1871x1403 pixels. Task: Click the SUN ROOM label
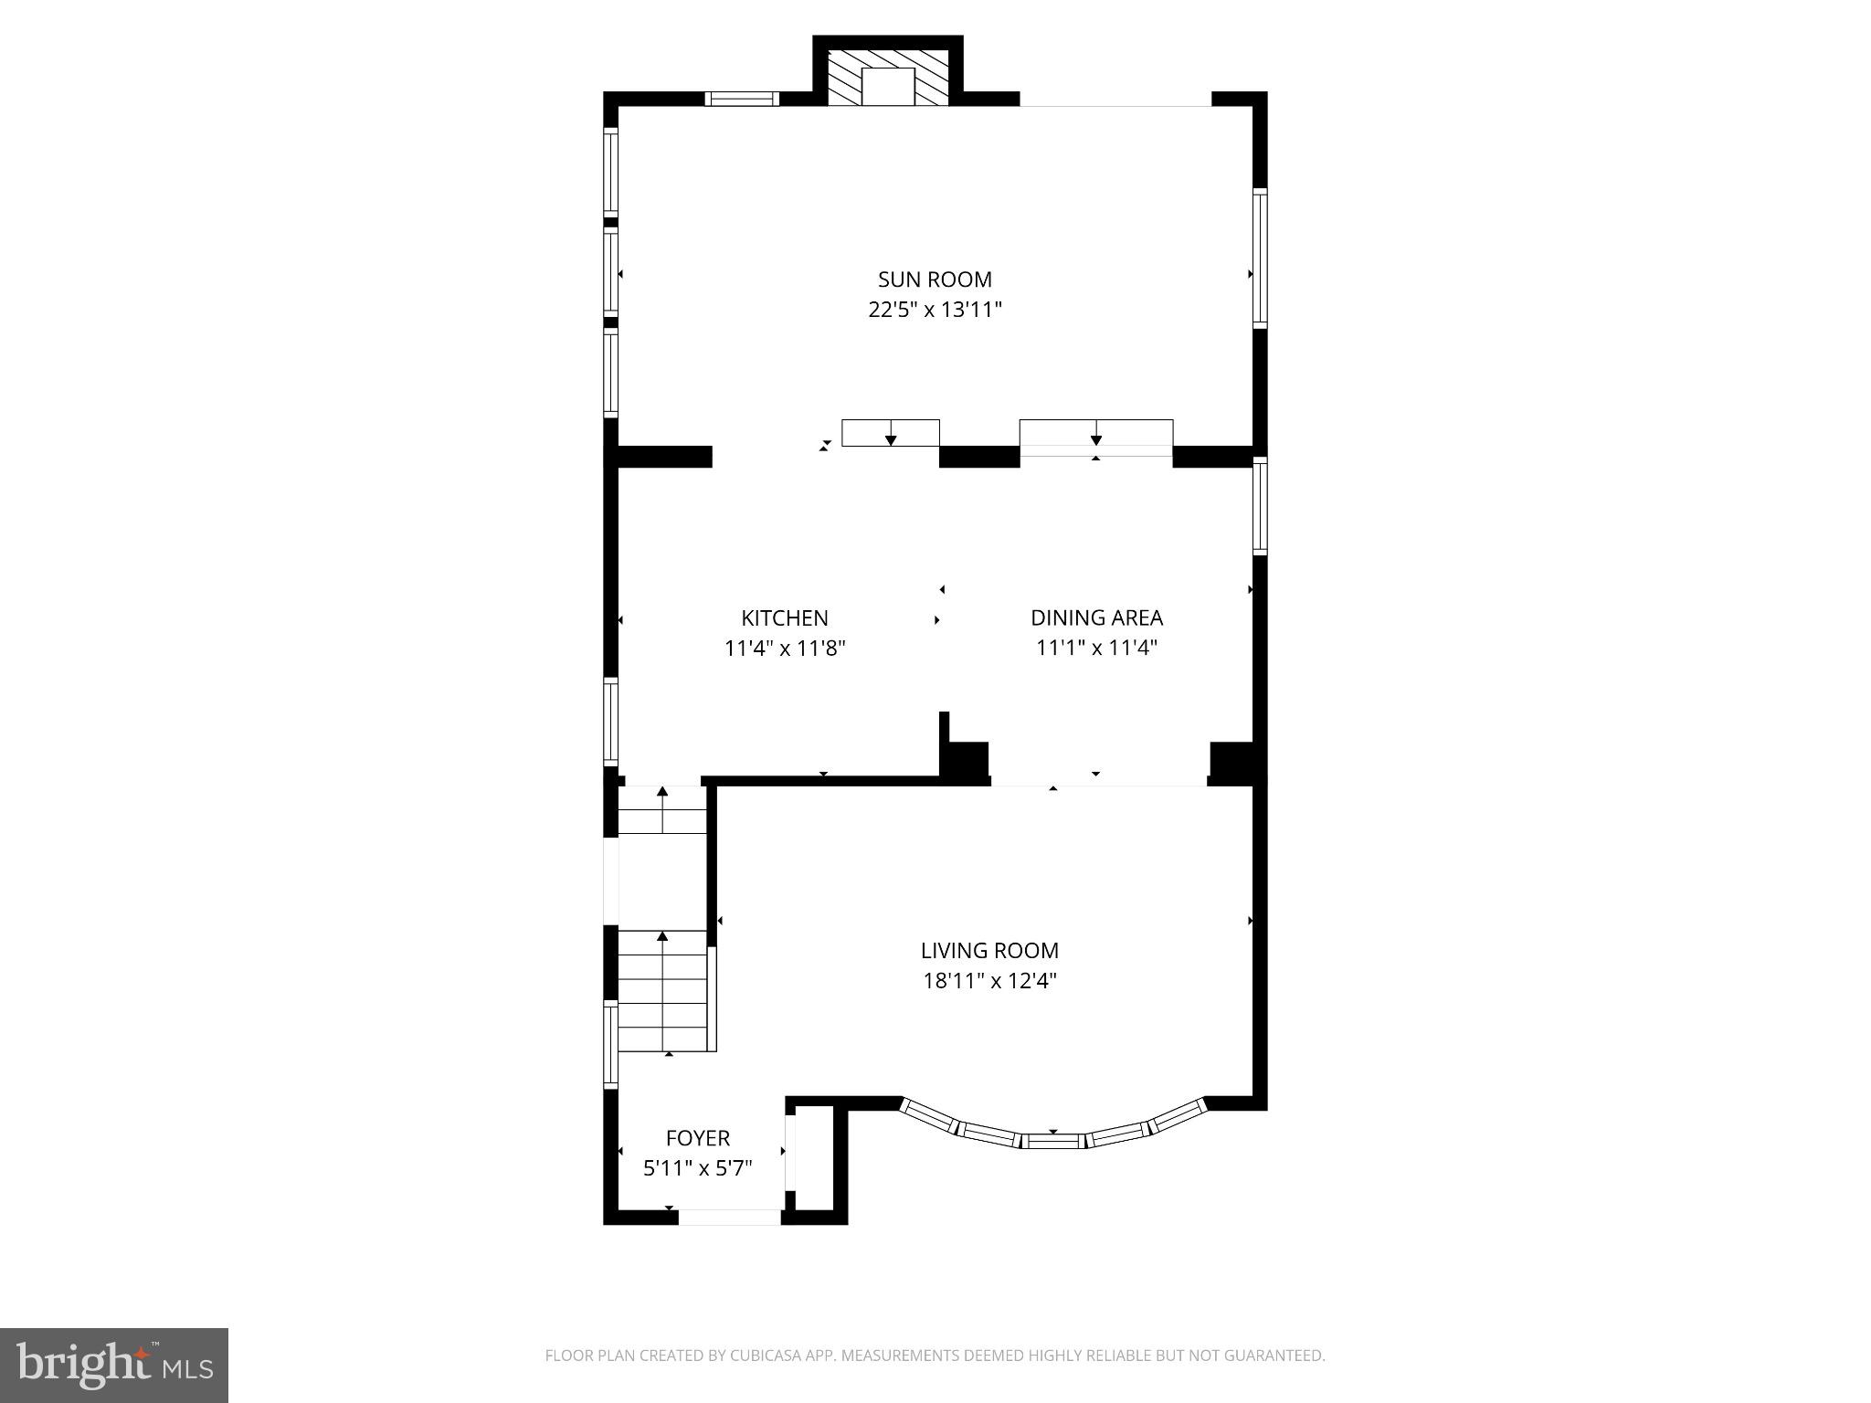(x=935, y=280)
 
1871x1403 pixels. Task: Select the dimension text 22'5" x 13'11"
(x=935, y=310)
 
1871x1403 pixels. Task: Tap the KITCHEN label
(x=784, y=617)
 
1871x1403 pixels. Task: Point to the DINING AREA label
(x=1096, y=617)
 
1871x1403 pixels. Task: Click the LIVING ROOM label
(x=989, y=950)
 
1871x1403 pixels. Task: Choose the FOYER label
(x=697, y=1138)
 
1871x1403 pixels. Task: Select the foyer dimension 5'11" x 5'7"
(x=697, y=1168)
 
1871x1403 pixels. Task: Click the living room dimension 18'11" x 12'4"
(x=989, y=981)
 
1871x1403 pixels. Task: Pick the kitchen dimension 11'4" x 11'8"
(x=784, y=649)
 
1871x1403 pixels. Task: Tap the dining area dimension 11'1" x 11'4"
(x=1096, y=649)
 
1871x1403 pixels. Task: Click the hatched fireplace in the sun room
(x=888, y=76)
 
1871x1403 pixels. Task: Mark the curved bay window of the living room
(x=1052, y=1134)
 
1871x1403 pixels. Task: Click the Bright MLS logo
(x=113, y=1365)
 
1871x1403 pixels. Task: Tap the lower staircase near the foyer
(x=663, y=991)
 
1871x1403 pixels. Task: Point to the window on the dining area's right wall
(x=1260, y=506)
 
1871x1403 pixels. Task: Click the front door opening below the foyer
(x=729, y=1217)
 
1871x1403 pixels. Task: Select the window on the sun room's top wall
(x=742, y=99)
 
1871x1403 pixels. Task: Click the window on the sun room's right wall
(x=1260, y=258)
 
